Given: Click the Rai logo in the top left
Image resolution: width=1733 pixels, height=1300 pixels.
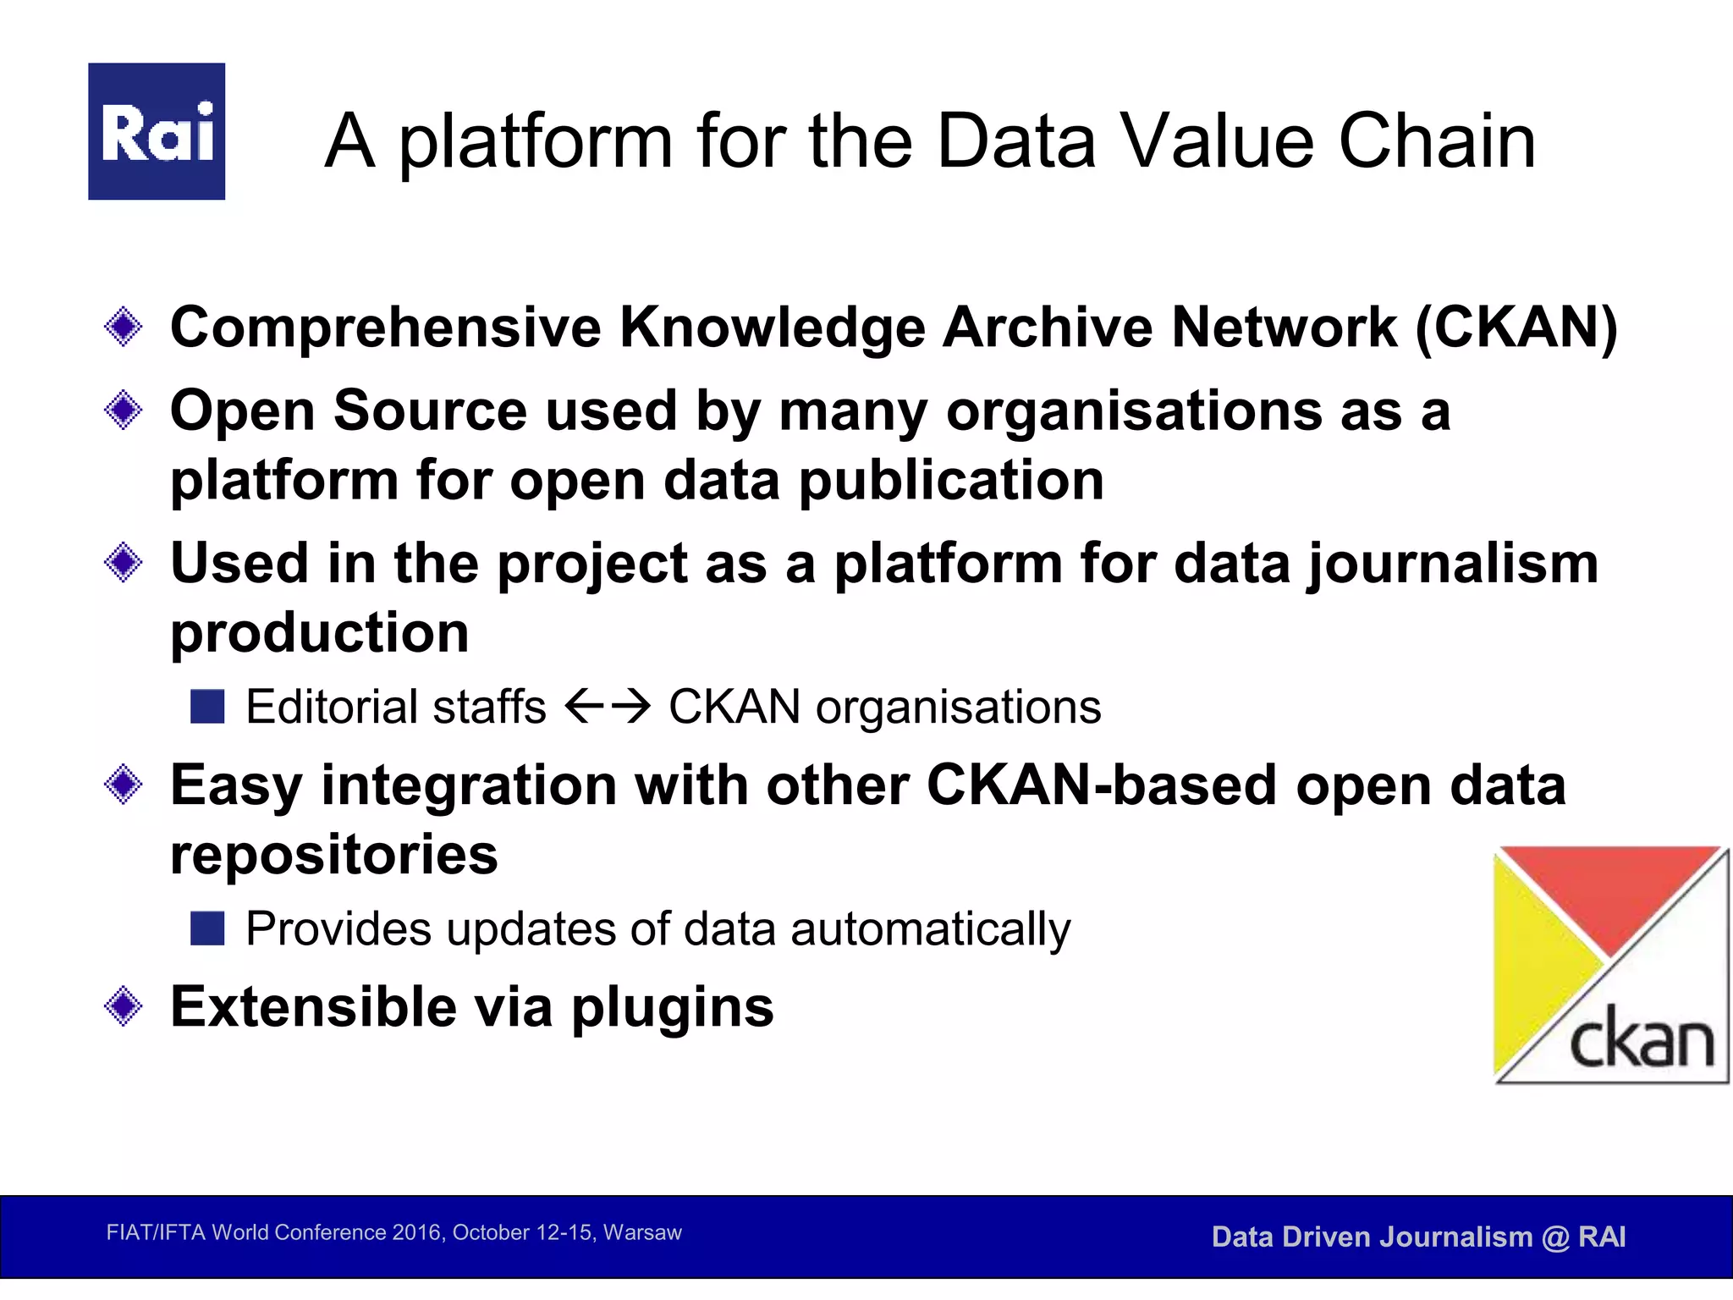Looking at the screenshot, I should click(x=157, y=131).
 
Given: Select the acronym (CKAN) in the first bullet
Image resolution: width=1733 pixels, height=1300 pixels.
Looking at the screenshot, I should click(x=1516, y=328).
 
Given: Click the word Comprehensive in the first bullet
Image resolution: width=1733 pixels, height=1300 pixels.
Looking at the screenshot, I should click(x=385, y=328).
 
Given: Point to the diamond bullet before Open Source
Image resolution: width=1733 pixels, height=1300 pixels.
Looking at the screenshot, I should click(x=124, y=410).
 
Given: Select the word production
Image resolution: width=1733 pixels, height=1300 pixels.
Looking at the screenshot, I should click(x=320, y=633).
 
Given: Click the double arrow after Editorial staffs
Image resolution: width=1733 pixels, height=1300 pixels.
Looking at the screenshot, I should click(x=608, y=706).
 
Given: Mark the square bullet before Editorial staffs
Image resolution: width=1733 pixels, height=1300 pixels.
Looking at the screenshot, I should click(x=207, y=707).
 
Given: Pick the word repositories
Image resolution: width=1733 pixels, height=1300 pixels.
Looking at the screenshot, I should click(x=334, y=855).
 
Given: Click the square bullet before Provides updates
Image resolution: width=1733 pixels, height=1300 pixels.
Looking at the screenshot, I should click(x=207, y=928).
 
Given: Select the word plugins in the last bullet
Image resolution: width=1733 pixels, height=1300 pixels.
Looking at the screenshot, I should click(x=673, y=1008).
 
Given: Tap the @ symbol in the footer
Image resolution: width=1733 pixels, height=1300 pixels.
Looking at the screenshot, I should click(x=1555, y=1237).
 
